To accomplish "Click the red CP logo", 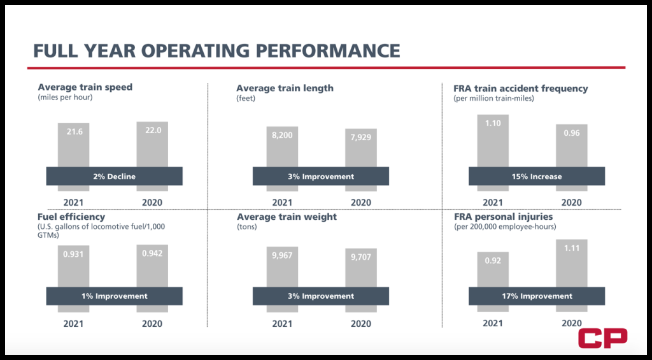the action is pos(602,338).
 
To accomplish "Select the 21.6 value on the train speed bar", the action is pos(74,131).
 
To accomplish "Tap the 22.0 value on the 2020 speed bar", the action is pos(153,130).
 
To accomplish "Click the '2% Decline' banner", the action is pos(115,176).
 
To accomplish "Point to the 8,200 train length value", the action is pos(282,135).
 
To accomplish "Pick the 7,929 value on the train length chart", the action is pos(361,138).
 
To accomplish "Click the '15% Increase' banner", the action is pos(537,176).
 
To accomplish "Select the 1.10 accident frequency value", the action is pos(493,123).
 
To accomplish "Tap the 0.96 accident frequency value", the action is pos(572,133).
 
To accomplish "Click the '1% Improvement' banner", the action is pos(115,296).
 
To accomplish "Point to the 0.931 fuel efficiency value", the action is pos(73,254).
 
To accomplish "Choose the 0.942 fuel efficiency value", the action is pos(152,253).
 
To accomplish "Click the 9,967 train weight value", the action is pos(282,255).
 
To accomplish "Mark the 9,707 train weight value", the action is pos(361,257).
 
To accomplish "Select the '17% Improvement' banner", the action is pos(537,296).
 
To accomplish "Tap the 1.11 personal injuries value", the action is pos(572,248).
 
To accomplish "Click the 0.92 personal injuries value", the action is pos(493,261).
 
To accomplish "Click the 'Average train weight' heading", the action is pos(287,217).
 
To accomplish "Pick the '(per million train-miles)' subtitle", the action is pos(493,99).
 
